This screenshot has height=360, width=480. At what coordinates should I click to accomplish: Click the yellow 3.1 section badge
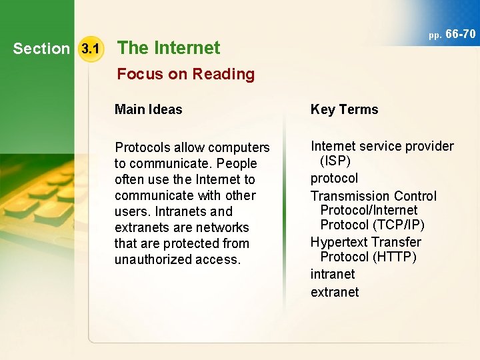pyautogui.click(x=89, y=49)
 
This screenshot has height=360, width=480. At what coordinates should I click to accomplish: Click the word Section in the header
pyautogui.click(x=41, y=49)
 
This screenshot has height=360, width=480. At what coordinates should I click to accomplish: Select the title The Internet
pyautogui.click(x=169, y=48)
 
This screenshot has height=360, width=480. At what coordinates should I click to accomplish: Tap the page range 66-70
pyautogui.click(x=460, y=33)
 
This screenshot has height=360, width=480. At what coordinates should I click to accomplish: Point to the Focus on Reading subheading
pyautogui.click(x=186, y=74)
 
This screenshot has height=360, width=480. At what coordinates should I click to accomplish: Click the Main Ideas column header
pyautogui.click(x=148, y=110)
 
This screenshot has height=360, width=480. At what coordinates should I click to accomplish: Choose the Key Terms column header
pyautogui.click(x=344, y=110)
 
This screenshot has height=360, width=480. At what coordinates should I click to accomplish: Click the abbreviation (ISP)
pyautogui.click(x=335, y=161)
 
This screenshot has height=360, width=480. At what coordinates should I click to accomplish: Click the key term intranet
pyautogui.click(x=333, y=274)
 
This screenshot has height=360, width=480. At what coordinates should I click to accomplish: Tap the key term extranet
pyautogui.click(x=335, y=292)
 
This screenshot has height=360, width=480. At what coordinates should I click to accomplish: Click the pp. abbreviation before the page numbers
pyautogui.click(x=435, y=35)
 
